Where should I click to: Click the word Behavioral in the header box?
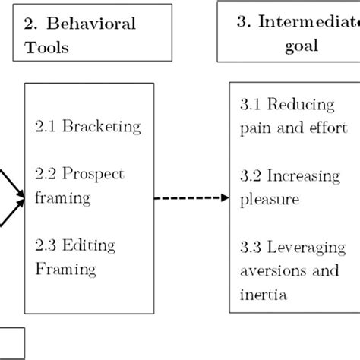click(96, 24)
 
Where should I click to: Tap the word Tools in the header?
click(54, 48)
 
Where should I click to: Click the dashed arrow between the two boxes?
click(187, 199)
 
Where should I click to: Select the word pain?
click(251, 125)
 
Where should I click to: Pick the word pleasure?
click(268, 199)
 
